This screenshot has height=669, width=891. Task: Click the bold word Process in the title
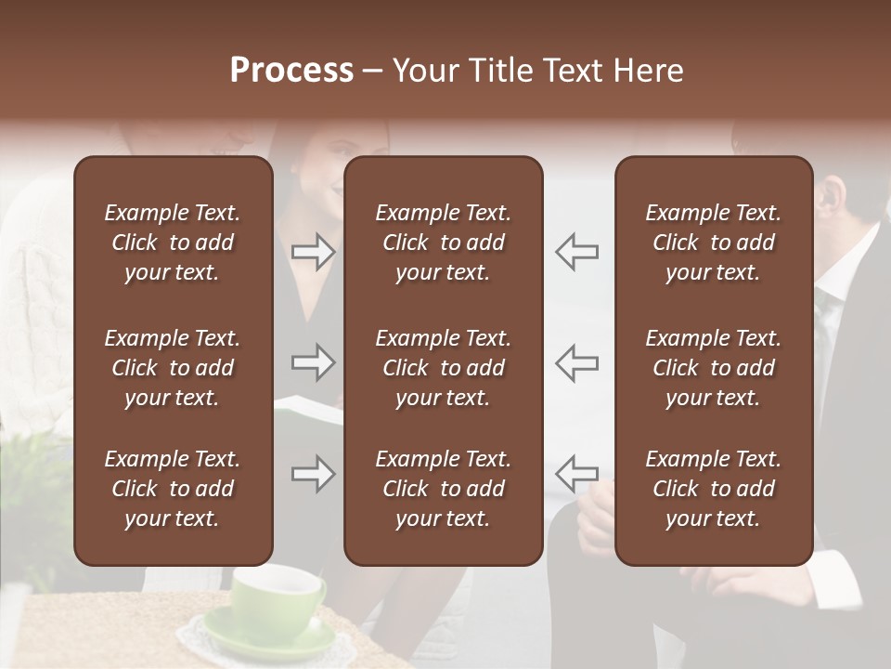point(291,71)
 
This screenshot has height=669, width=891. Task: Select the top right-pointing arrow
point(314,252)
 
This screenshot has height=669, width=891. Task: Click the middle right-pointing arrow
point(314,362)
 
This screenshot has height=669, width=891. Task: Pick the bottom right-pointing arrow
point(314,474)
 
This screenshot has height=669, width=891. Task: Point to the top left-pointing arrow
point(576,252)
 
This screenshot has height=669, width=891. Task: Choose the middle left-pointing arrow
point(576,362)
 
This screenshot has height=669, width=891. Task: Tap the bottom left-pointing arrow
point(576,474)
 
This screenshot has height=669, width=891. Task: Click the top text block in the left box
point(173,243)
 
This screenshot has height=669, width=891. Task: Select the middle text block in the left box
point(173,368)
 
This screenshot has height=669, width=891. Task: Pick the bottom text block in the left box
point(173,489)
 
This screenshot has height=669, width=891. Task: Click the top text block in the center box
point(443,243)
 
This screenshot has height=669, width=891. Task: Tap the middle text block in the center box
point(443,368)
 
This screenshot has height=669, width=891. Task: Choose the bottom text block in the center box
point(443,489)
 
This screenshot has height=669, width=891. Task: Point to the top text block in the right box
point(713,243)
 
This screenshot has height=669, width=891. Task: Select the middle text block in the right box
point(713,368)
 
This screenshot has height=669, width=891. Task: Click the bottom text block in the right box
point(713,489)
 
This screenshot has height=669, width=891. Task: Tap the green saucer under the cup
point(269,641)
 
